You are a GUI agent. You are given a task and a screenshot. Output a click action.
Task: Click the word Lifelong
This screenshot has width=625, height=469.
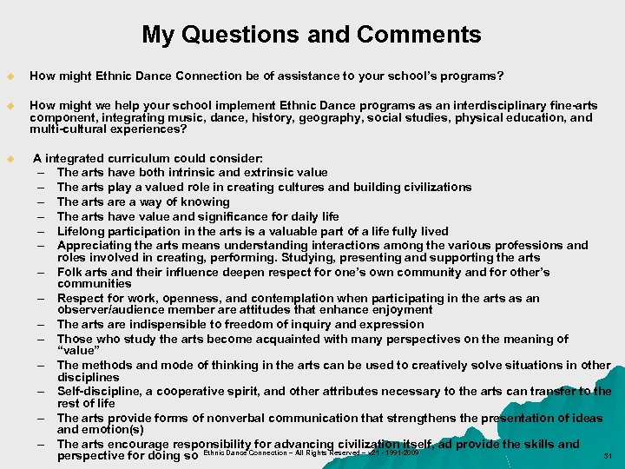point(82,231)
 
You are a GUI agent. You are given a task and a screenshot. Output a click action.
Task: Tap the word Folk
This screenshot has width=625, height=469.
point(71,272)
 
